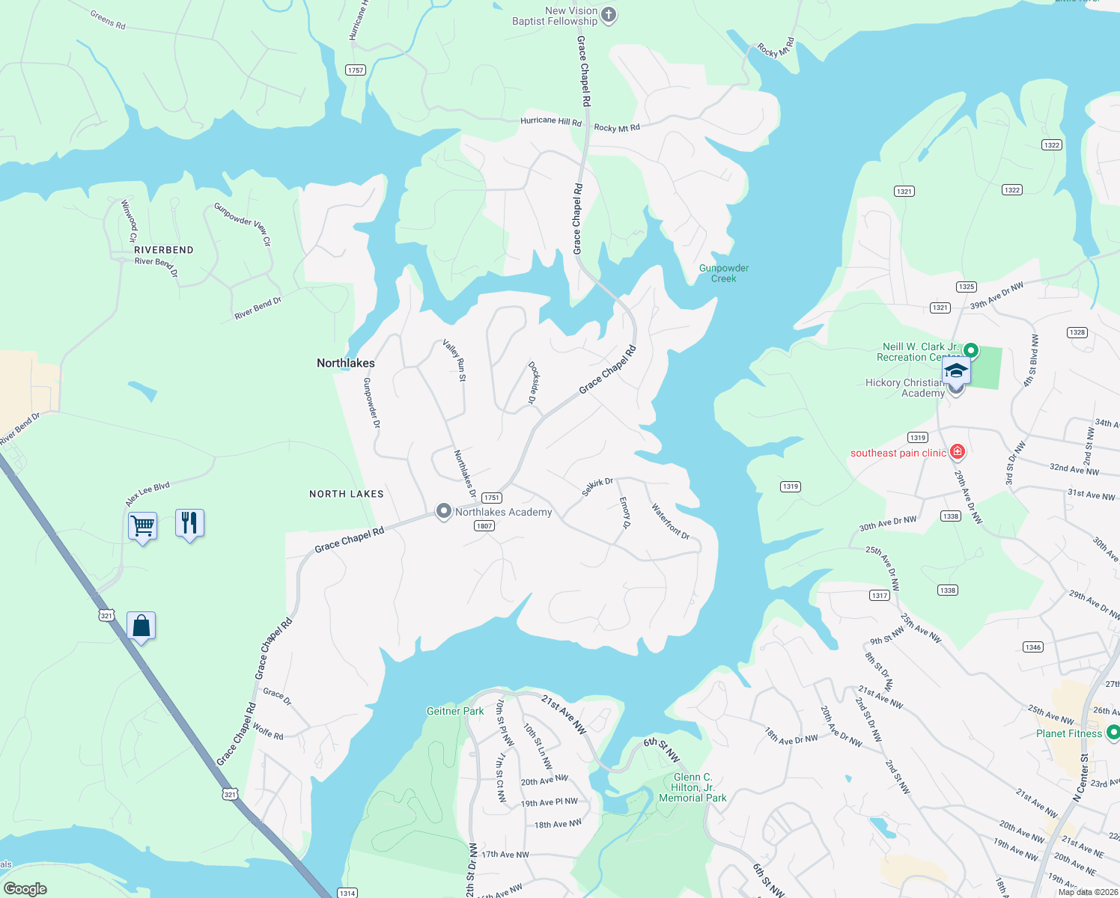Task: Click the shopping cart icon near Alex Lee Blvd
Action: pyautogui.click(x=142, y=526)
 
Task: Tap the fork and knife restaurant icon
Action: pyautogui.click(x=189, y=522)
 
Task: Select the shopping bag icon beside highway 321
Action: pyautogui.click(x=141, y=626)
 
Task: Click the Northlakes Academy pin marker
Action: pyautogui.click(x=444, y=512)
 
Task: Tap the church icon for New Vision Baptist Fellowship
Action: pyautogui.click(x=609, y=15)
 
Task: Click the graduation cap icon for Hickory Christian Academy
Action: pyautogui.click(x=956, y=371)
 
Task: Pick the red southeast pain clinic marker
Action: pyautogui.click(x=957, y=452)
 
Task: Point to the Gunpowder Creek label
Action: pyautogui.click(x=723, y=273)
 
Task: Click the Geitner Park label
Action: pyautogui.click(x=455, y=711)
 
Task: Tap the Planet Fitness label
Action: pyautogui.click(x=1068, y=733)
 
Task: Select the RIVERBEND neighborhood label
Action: pyautogui.click(x=164, y=250)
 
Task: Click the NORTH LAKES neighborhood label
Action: pyautogui.click(x=347, y=494)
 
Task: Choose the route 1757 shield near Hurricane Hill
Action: pyautogui.click(x=356, y=70)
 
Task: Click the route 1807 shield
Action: pyautogui.click(x=484, y=526)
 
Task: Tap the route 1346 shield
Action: pyautogui.click(x=1033, y=647)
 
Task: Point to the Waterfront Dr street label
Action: pyautogui.click(x=670, y=521)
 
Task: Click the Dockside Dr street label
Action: pyautogui.click(x=533, y=383)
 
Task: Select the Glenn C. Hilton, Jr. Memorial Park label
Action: pyautogui.click(x=693, y=788)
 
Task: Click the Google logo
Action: pyautogui.click(x=25, y=889)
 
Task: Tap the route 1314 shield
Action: pyautogui.click(x=347, y=893)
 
